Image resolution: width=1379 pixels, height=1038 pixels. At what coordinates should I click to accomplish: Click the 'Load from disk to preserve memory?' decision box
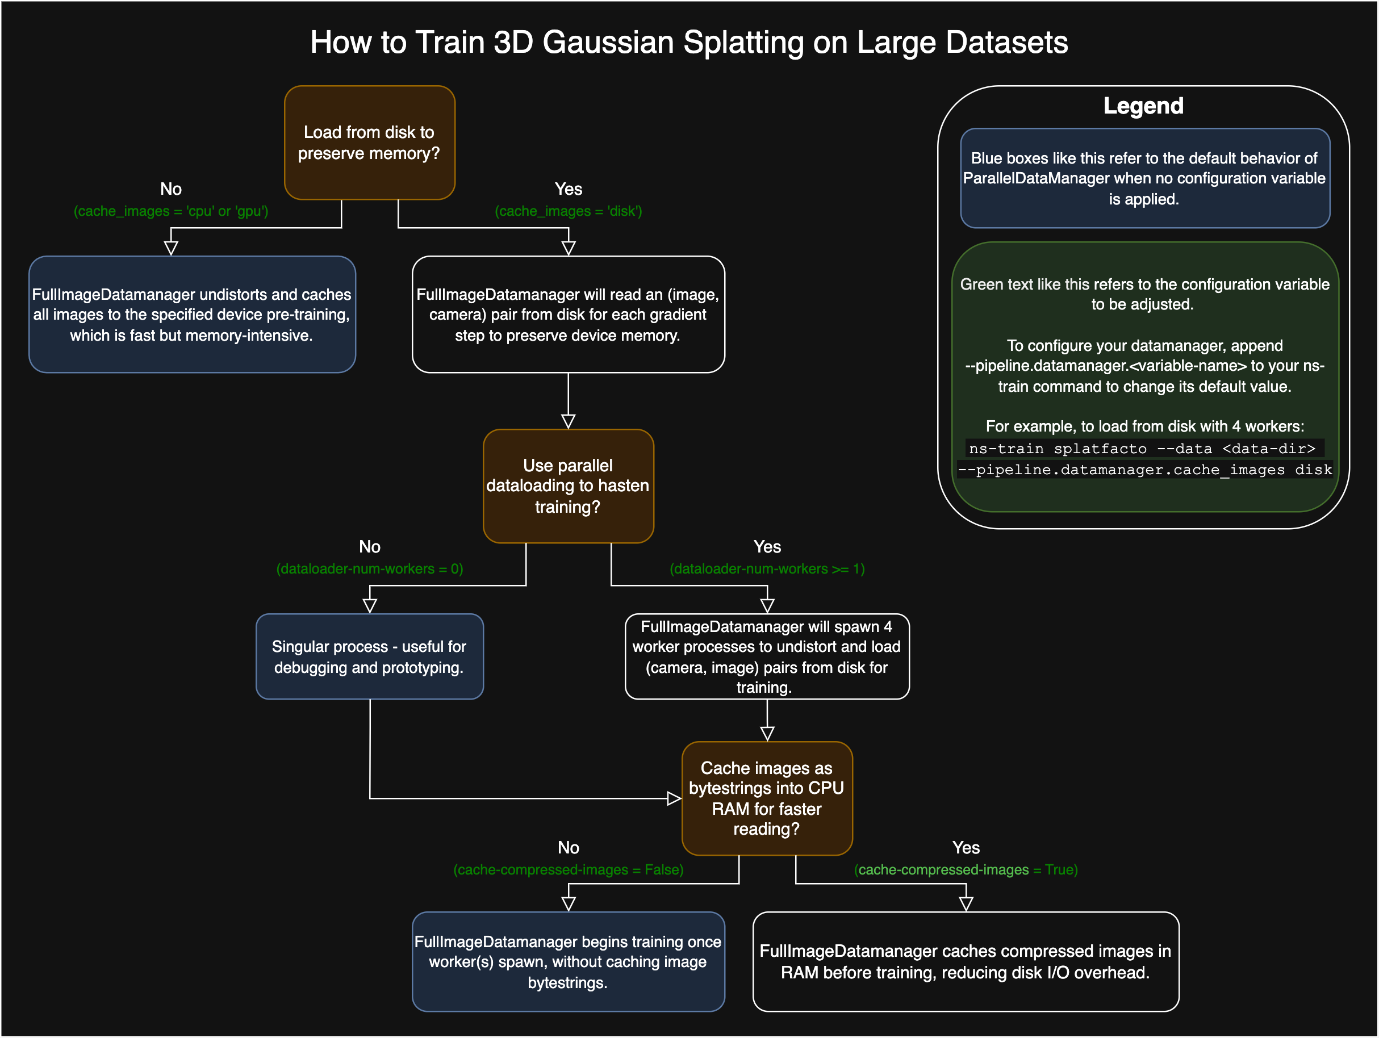pos(369,143)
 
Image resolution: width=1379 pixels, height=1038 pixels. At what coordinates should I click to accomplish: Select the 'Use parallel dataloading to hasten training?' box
pos(568,485)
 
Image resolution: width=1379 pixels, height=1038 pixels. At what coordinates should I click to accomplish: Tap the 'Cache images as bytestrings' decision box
pos(767,798)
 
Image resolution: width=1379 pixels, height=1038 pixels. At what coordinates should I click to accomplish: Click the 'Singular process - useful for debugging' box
pos(369,656)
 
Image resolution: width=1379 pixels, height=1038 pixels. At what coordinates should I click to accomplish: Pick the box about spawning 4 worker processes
pos(767,656)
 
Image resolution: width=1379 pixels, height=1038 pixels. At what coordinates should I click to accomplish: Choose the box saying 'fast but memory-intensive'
pos(192,314)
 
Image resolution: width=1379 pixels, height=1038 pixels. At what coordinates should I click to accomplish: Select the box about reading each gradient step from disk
pos(568,314)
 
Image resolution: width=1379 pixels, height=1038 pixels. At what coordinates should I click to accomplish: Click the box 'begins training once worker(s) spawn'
pos(568,961)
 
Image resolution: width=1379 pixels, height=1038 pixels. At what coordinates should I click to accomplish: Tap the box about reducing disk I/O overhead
pos(966,961)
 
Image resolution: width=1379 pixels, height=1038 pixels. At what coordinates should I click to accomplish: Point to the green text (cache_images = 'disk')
pos(568,211)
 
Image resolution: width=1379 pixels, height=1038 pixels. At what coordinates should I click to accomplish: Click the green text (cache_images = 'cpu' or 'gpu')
pos(171,211)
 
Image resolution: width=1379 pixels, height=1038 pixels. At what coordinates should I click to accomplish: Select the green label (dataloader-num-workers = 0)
pos(369,568)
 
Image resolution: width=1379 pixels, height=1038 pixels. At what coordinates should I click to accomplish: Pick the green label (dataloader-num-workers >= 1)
pos(767,568)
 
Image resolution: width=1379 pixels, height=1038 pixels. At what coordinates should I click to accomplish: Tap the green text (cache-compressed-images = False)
pos(568,870)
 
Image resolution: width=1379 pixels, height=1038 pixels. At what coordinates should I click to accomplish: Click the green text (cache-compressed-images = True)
pos(966,870)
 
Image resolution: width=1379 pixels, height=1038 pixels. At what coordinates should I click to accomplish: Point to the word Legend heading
pos(1143,106)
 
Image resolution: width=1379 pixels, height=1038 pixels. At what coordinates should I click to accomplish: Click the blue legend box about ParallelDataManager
pos(1144,178)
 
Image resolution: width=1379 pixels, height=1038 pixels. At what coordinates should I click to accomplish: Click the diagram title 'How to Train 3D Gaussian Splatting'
pos(689,43)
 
